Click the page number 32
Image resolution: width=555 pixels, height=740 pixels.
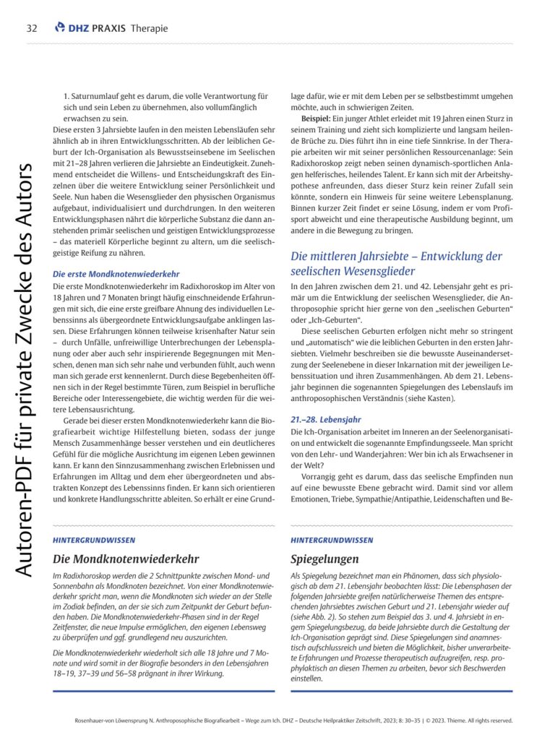pyautogui.click(x=31, y=28)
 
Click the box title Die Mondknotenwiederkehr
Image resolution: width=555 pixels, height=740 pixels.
pyautogui.click(x=126, y=558)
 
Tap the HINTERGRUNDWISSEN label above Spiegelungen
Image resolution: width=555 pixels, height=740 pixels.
pyautogui.click(x=332, y=540)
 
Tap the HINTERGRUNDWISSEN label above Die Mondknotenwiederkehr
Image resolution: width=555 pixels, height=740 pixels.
pyautogui.click(x=94, y=540)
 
